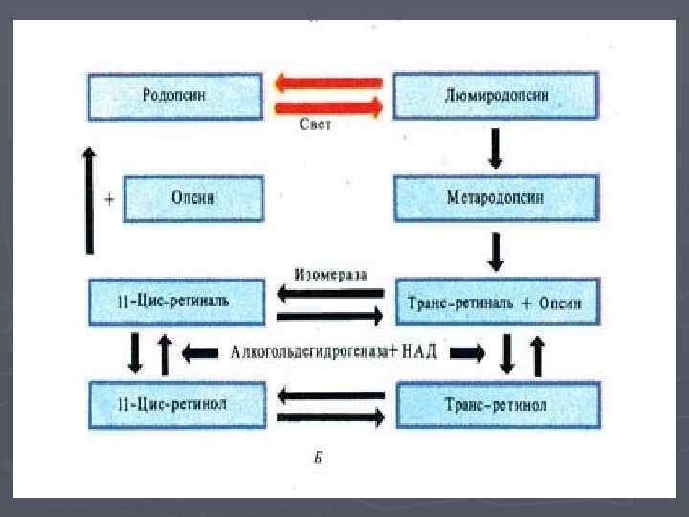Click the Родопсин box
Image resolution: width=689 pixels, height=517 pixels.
coord(174,95)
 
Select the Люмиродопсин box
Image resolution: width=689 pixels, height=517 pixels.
coord(497,95)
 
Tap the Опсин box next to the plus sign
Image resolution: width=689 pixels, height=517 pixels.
coord(192,198)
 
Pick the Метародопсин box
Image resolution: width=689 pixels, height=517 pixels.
coord(497,198)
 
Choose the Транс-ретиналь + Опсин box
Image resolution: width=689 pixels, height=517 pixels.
coord(499,303)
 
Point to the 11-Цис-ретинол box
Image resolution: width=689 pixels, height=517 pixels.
coord(174,404)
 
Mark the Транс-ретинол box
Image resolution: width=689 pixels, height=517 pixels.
coord(497,404)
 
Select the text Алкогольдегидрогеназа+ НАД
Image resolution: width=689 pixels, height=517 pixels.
coord(334,352)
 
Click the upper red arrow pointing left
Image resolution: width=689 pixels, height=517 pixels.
coord(328,83)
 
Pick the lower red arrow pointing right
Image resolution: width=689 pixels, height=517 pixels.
coord(328,107)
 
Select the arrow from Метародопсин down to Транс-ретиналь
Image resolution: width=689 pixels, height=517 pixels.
coord(496,251)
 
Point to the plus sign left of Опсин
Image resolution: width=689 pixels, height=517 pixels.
coord(110,199)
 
